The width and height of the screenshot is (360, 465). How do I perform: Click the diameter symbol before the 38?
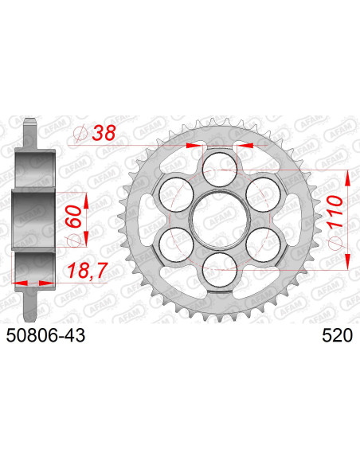coord(80,136)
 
